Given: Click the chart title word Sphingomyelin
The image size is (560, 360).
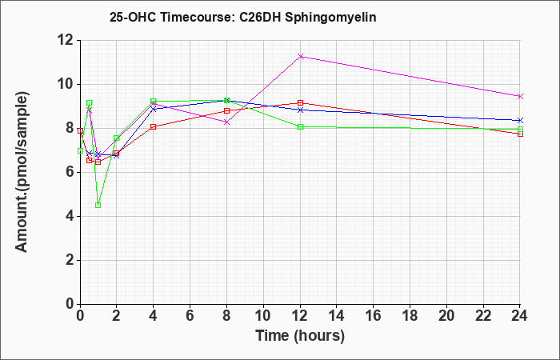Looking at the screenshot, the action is pyautogui.click(x=330, y=18).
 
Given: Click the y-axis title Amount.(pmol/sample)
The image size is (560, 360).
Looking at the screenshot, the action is pyautogui.click(x=22, y=172).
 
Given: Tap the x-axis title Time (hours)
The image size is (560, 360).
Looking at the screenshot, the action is pyautogui.click(x=300, y=336).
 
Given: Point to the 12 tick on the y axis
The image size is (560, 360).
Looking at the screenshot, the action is pyautogui.click(x=66, y=41).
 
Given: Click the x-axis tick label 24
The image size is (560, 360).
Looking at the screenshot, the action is pyautogui.click(x=519, y=316).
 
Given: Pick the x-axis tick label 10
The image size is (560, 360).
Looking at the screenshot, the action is pyautogui.click(x=263, y=316).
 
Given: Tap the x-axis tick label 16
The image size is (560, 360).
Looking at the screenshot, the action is pyautogui.click(x=374, y=316).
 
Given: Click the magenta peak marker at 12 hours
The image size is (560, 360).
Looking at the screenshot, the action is pyautogui.click(x=300, y=57).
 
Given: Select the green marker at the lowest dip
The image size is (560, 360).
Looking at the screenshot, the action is pyautogui.click(x=98, y=205).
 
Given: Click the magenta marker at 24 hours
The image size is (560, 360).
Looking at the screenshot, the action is pyautogui.click(x=520, y=97).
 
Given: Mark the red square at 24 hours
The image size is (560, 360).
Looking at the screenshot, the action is pyautogui.click(x=520, y=134).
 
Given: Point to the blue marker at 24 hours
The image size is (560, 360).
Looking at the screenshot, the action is pyautogui.click(x=520, y=120).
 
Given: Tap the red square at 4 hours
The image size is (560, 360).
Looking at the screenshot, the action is pyautogui.click(x=154, y=126).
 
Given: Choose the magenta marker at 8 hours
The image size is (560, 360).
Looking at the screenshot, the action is pyautogui.click(x=226, y=122).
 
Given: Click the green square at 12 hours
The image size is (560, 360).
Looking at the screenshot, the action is pyautogui.click(x=300, y=126).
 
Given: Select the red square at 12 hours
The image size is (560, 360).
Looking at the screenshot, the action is pyautogui.click(x=300, y=103).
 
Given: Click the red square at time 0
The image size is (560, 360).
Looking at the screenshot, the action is pyautogui.click(x=80, y=131).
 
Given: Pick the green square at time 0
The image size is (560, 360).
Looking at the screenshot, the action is pyautogui.click(x=80, y=150).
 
